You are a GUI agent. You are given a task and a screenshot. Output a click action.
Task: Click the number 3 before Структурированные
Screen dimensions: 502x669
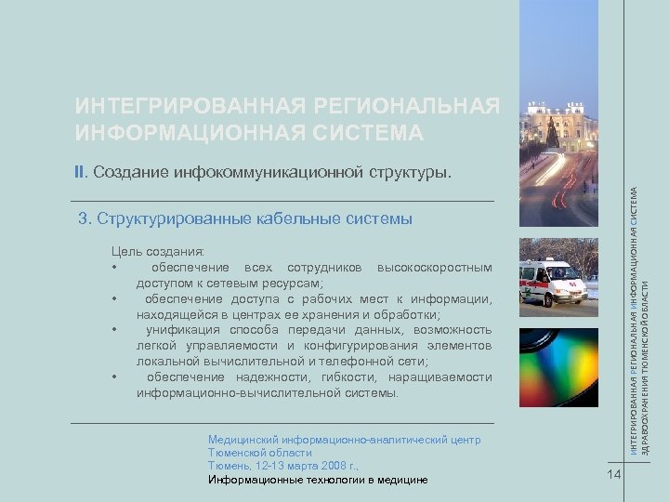coord(83,219)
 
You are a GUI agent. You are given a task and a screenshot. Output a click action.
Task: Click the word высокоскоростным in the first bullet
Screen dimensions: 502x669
coord(434,268)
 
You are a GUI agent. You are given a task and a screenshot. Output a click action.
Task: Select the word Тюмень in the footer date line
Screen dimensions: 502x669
coord(229,464)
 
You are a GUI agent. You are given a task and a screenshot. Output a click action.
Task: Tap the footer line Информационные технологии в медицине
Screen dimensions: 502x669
coord(318,480)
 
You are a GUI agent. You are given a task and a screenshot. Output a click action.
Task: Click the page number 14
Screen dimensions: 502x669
coord(610,476)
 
